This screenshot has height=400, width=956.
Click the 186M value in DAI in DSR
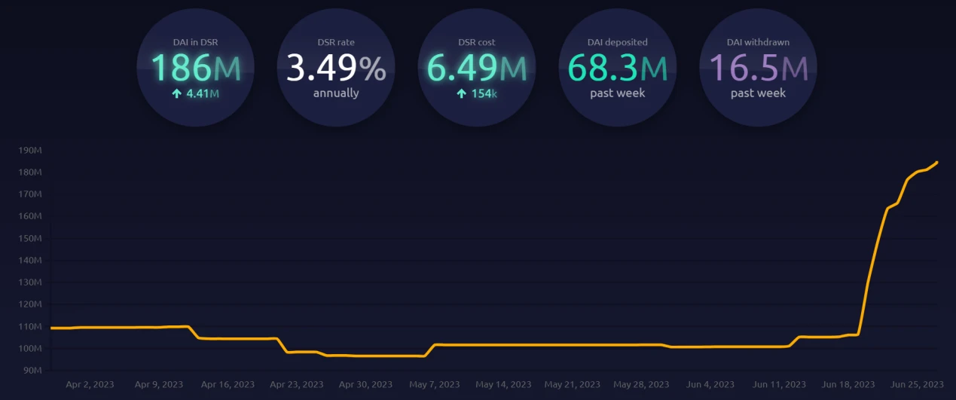(196, 68)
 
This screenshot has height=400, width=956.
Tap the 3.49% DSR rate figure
(336, 68)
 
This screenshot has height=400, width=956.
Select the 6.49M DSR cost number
(476, 68)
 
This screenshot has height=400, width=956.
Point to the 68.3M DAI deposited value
(617, 68)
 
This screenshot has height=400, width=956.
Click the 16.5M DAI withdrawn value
(758, 68)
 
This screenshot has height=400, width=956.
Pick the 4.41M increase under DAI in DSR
(196, 94)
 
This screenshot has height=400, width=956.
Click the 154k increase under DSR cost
(476, 94)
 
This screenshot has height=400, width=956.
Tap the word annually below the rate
(336, 93)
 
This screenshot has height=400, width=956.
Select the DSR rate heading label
(336, 42)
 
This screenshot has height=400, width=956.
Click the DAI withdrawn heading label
(758, 42)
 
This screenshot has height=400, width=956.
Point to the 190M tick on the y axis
(30, 151)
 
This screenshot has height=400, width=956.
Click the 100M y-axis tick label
(30, 349)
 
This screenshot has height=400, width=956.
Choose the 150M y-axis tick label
(30, 239)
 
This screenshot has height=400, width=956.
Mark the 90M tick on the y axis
(32, 371)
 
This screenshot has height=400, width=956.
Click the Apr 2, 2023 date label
(90, 384)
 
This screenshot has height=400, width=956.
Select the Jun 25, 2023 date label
(916, 384)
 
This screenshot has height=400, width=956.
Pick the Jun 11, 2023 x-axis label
(779, 384)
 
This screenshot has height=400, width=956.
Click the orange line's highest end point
(937, 162)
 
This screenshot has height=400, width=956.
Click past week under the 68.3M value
(617, 93)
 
